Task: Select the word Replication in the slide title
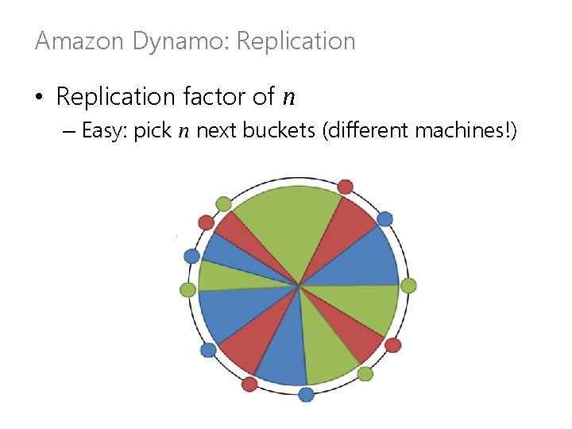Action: pyautogui.click(x=296, y=41)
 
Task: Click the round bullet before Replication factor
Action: pyautogui.click(x=38, y=98)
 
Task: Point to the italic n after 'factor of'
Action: pyautogui.click(x=289, y=98)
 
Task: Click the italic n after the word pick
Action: pyautogui.click(x=184, y=131)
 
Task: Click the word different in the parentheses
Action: pyautogui.click(x=364, y=130)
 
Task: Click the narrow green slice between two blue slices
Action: pyautogui.click(x=238, y=276)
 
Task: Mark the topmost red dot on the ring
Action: pyautogui.click(x=345, y=187)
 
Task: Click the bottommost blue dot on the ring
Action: pyautogui.click(x=306, y=394)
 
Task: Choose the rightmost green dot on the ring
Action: pyautogui.click(x=408, y=285)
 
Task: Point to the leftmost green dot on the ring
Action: pyautogui.click(x=188, y=290)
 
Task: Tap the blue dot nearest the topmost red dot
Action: pyautogui.click(x=385, y=218)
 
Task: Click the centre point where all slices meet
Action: pyautogui.click(x=299, y=284)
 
